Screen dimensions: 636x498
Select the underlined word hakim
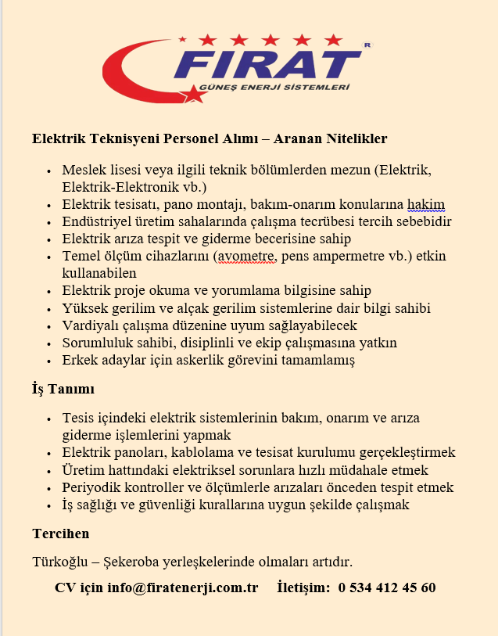[427, 204]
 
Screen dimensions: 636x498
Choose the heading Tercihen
[61, 534]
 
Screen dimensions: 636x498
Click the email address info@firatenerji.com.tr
[184, 587]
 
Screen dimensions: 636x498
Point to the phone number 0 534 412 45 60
[387, 587]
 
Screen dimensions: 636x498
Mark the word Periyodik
[91, 487]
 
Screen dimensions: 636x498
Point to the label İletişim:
[305, 587]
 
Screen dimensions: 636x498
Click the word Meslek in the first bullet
[82, 170]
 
